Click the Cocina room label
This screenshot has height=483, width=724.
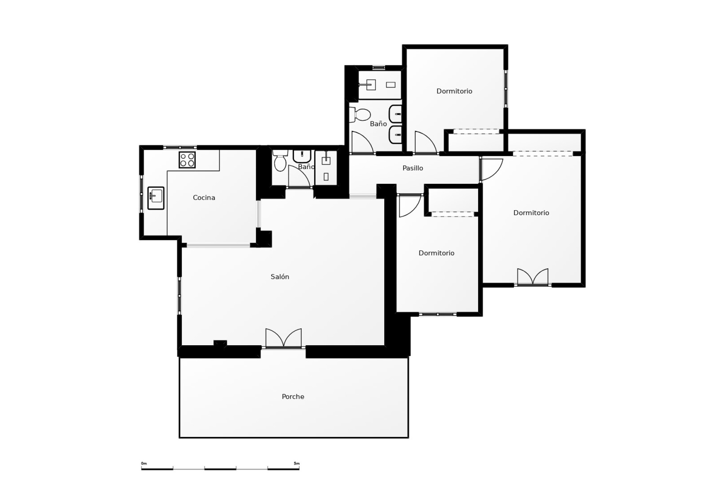pos(204,198)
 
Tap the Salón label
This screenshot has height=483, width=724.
pos(280,277)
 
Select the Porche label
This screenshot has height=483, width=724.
pos(293,397)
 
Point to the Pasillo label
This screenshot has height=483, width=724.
pos(413,168)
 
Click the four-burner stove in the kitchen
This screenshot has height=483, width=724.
pos(187,160)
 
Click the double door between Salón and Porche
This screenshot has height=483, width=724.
pos(284,338)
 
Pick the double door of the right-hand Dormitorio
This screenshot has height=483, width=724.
pos(532,277)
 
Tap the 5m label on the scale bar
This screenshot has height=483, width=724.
pos(297,464)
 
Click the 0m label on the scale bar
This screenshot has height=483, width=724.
pos(144,464)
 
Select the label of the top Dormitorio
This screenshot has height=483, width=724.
pos(454,91)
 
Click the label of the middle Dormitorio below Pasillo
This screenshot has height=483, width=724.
pos(436,253)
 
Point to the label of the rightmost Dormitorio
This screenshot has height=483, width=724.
pos(531,213)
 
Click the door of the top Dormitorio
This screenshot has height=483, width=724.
pos(425,143)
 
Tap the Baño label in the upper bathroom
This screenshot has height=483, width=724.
pos(378,124)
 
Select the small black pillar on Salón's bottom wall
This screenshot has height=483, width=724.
pos(220,343)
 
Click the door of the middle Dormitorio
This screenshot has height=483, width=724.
pos(409,206)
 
